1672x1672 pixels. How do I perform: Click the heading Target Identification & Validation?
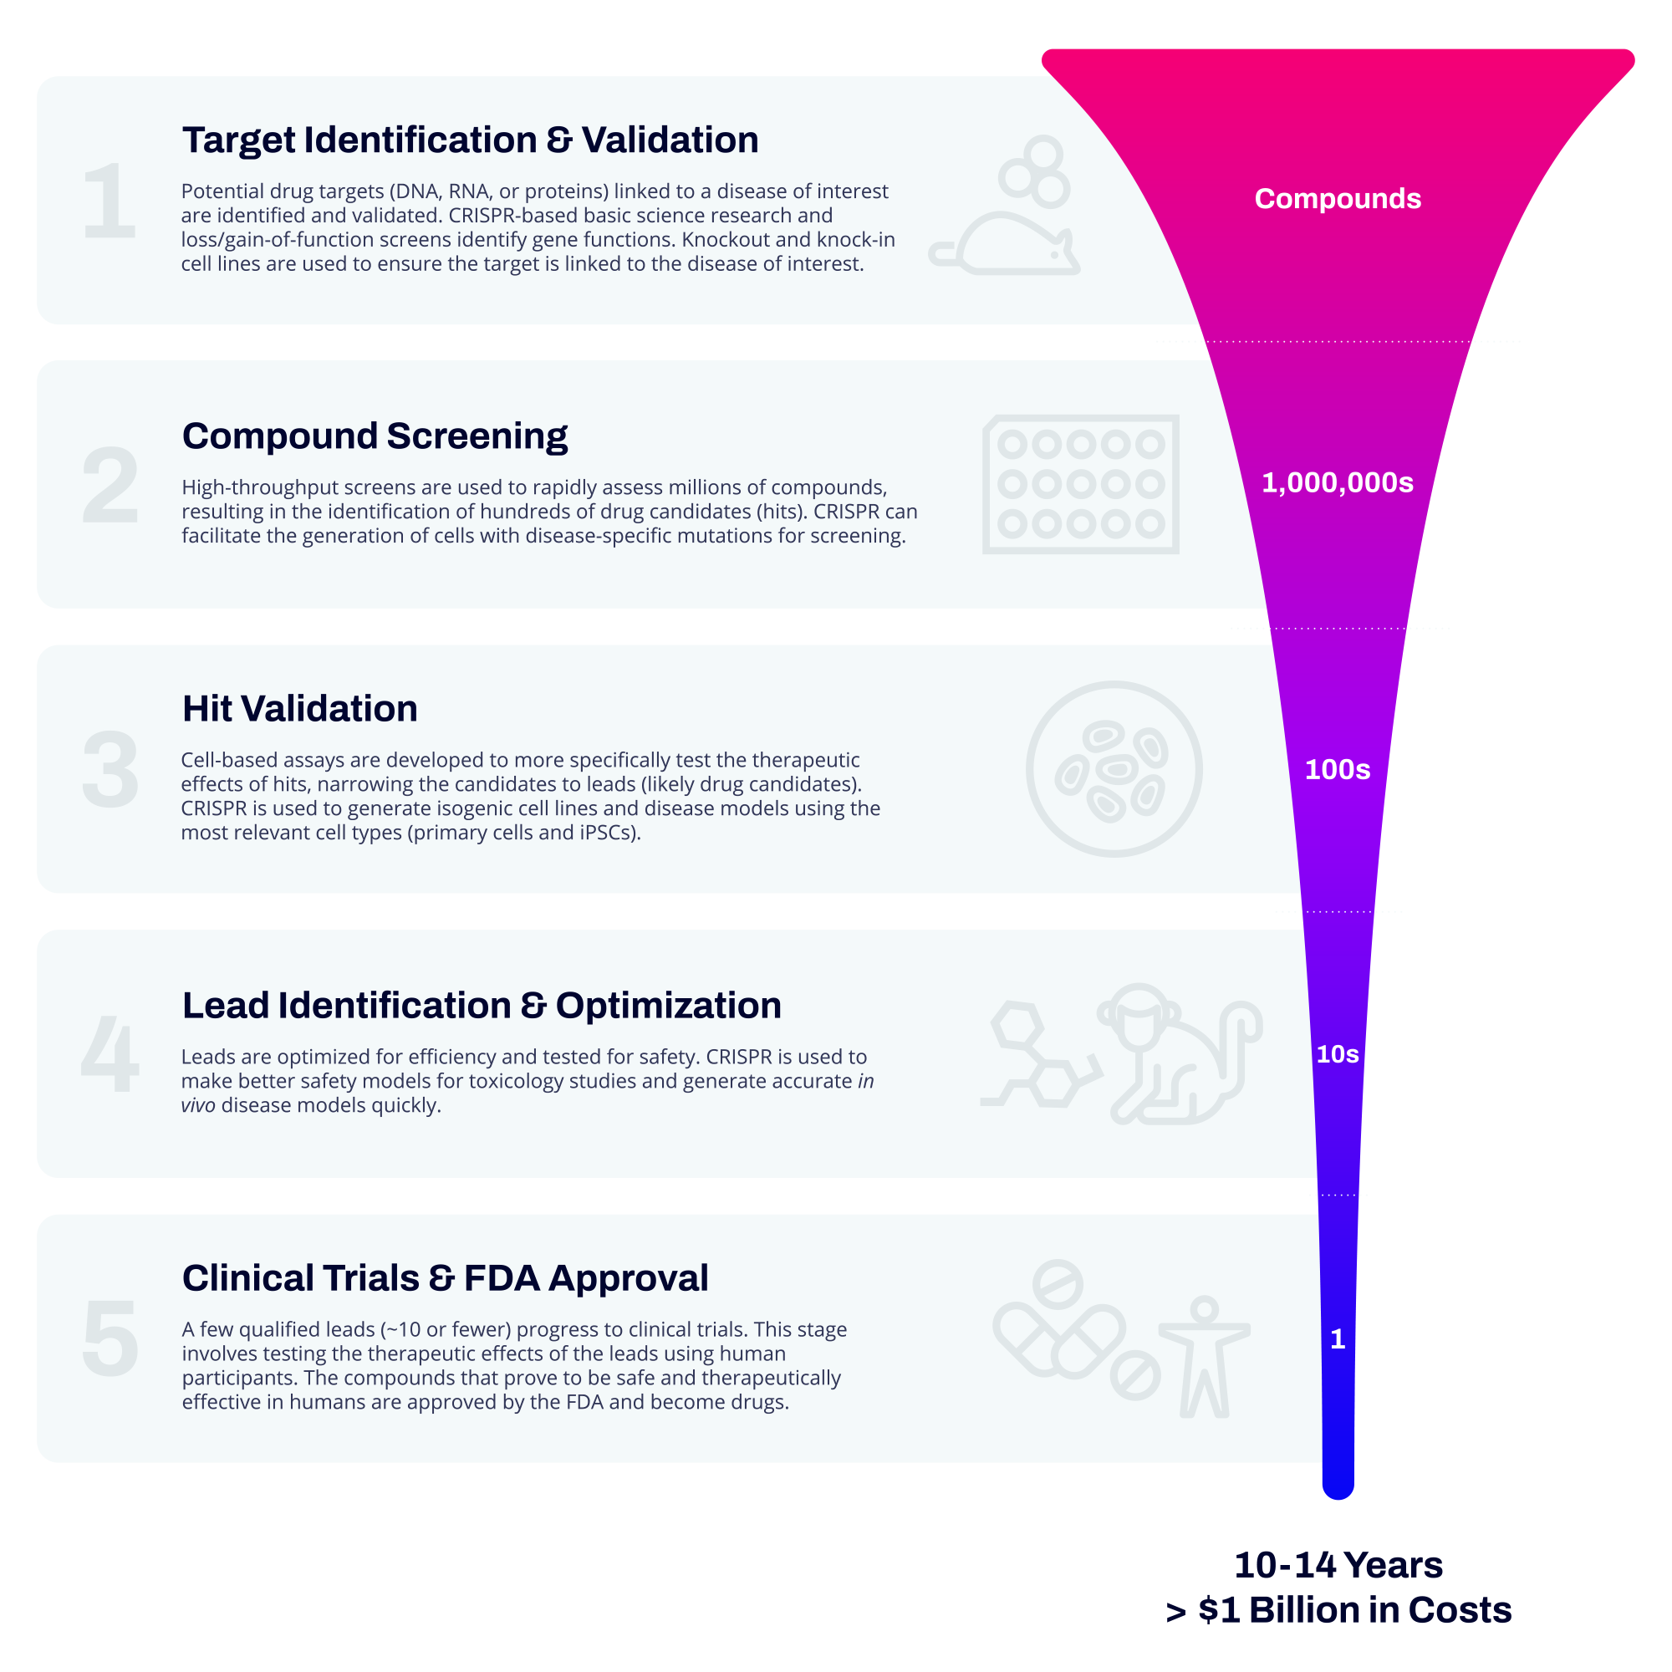[x=470, y=140]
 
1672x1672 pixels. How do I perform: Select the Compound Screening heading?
[x=375, y=436]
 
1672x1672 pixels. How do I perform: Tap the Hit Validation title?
[x=299, y=709]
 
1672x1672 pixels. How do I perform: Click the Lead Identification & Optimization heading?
[x=482, y=1006]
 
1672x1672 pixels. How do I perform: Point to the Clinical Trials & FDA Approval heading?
[x=445, y=1278]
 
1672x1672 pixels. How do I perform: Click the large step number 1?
[x=110, y=201]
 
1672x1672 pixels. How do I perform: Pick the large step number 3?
[x=110, y=770]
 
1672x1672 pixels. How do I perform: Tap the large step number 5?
[x=110, y=1338]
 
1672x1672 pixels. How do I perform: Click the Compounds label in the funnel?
[x=1337, y=199]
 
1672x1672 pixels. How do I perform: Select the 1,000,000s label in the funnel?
[x=1337, y=483]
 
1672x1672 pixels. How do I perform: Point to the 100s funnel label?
[x=1337, y=769]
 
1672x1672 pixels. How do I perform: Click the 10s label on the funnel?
[x=1337, y=1054]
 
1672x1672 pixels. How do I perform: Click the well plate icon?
[x=1080, y=484]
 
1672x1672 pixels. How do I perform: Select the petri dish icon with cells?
[x=1114, y=768]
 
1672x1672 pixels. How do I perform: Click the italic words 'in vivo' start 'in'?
[x=865, y=1081]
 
